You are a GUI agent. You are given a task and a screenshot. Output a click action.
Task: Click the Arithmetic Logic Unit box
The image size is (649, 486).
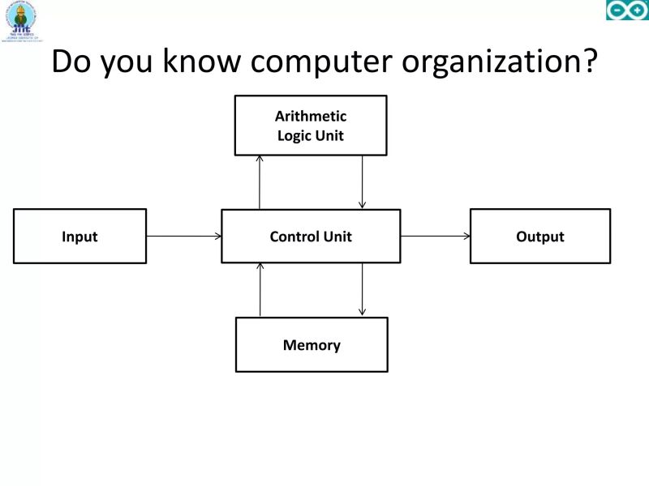coord(311,126)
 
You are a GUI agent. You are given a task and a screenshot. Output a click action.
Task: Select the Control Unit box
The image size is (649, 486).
coord(311,237)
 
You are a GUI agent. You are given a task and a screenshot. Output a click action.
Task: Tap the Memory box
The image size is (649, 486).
coord(312,345)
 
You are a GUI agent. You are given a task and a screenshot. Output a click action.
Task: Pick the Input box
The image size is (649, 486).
coord(80,237)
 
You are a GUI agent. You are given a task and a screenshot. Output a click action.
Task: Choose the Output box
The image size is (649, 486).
coord(540,237)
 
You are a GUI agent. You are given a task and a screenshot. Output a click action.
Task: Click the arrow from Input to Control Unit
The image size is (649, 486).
coord(184,237)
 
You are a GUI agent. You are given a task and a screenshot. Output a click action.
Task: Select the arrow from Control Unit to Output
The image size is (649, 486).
coord(435,237)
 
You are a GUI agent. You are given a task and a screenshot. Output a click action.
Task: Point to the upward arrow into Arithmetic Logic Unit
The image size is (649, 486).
coord(260,182)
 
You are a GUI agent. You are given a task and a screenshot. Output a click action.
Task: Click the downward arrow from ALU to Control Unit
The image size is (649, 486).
coord(363,182)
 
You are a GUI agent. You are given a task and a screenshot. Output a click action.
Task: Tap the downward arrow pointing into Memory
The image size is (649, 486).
coord(363,290)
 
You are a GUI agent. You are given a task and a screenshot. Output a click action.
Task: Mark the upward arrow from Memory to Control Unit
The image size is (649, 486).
coord(260,290)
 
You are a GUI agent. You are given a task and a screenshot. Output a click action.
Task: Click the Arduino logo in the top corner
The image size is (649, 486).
coord(627,11)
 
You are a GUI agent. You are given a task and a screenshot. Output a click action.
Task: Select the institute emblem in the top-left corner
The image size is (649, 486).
coord(21,20)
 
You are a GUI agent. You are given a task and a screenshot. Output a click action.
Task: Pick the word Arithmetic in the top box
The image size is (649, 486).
coord(311,117)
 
